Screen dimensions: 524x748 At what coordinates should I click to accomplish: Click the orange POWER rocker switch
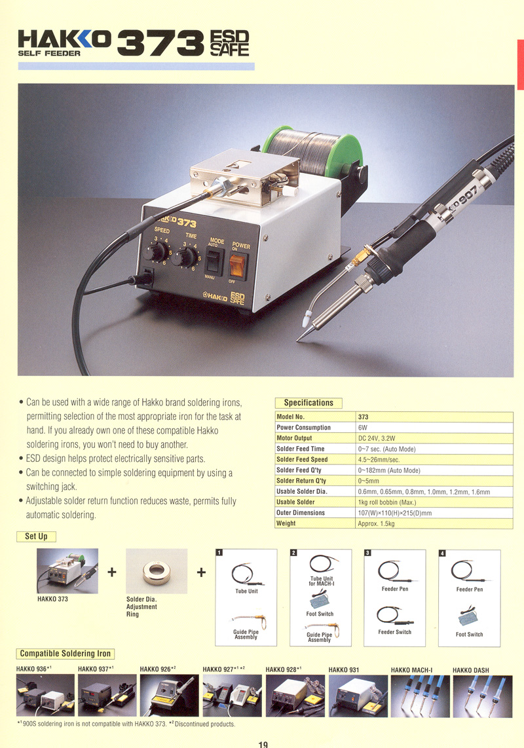[x=238, y=265]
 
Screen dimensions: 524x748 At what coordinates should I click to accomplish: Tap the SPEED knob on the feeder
[x=154, y=252]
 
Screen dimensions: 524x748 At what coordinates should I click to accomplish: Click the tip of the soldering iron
[x=298, y=340]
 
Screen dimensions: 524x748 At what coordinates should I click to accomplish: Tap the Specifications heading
[x=309, y=403]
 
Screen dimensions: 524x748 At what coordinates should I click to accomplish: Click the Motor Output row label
[x=294, y=438]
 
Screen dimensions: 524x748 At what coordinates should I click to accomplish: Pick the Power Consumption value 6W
[x=363, y=428]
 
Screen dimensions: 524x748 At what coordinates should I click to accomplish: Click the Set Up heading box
[x=36, y=536]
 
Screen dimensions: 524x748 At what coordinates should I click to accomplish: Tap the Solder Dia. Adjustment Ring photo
[x=157, y=571]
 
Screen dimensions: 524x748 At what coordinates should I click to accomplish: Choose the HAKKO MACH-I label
[x=411, y=670]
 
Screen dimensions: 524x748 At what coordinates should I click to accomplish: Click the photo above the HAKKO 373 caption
[x=67, y=571]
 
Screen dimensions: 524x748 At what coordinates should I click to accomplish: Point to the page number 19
[x=263, y=744]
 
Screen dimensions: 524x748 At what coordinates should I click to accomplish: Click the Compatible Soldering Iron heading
[x=65, y=654]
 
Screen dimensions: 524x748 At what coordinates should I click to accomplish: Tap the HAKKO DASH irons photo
[x=483, y=696]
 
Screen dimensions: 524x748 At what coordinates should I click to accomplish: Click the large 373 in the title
[x=160, y=43]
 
